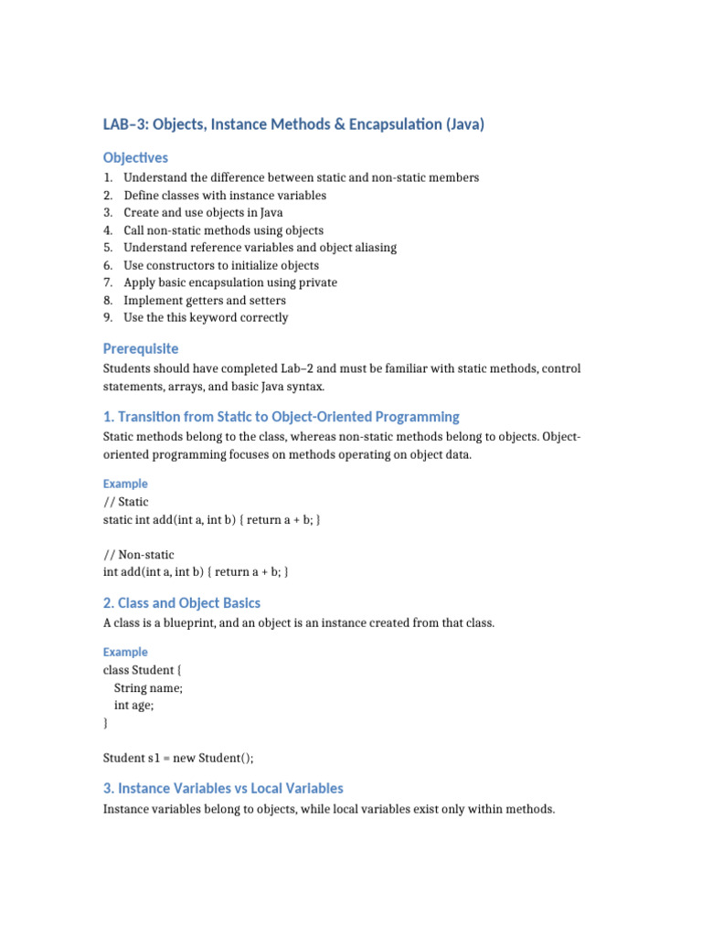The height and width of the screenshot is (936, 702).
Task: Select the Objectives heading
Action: [135, 157]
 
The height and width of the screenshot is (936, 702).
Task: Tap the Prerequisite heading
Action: [141, 348]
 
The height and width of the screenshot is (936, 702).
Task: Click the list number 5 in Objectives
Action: [108, 248]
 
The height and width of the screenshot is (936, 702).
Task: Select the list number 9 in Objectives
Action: [108, 318]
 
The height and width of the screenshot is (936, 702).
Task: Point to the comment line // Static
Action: [126, 502]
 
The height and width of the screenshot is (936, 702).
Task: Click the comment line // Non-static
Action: [139, 555]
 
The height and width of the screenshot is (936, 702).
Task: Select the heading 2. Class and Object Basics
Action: [182, 602]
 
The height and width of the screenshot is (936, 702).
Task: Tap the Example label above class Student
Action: [125, 652]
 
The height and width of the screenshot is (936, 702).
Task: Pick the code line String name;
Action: [148, 688]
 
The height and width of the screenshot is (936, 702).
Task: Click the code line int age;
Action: [134, 706]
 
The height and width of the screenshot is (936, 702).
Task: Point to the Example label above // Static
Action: [125, 484]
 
